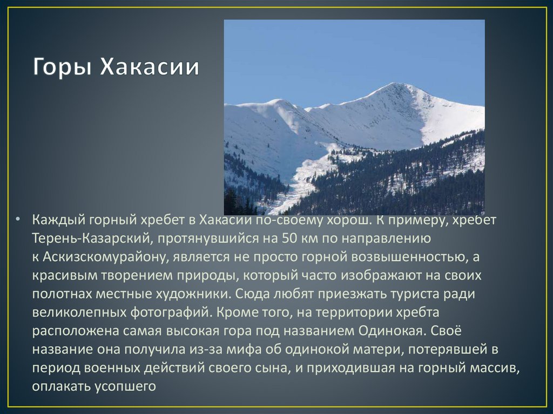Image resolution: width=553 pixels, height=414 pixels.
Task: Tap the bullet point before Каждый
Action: [18, 220]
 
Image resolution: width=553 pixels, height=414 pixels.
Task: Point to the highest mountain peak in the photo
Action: [397, 85]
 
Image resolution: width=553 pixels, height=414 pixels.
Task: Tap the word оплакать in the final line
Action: [58, 386]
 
